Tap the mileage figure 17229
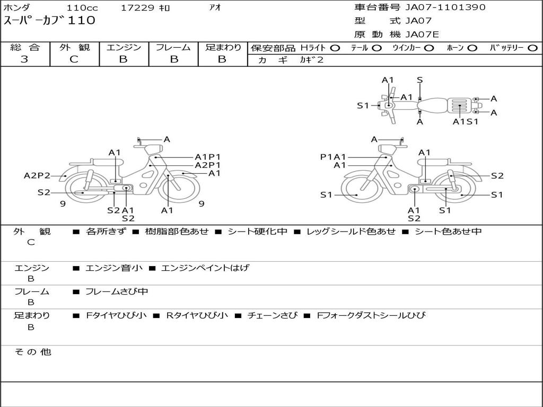coord(137,7)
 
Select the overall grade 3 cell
coord(24,59)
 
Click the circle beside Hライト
coord(335,48)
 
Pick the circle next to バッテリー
coord(533,48)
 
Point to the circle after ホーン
coord(472,48)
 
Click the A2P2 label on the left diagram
coord(37,176)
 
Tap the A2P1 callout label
coord(208,165)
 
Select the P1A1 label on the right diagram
coord(333,157)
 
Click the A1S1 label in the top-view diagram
coord(466,122)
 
